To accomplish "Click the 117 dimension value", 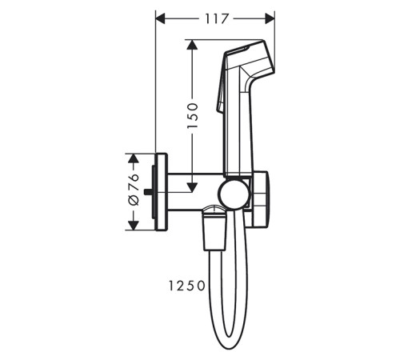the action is coord(217,18).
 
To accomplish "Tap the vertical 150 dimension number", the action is coord(193,115).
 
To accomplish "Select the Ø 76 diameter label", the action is coord(134,190).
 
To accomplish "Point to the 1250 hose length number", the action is coord(186,286).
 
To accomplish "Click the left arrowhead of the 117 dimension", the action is coord(161,18).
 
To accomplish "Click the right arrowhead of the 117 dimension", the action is coord(270,18).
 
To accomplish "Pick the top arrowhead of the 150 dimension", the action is coord(192,45).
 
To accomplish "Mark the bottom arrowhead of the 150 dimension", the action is coord(192,187).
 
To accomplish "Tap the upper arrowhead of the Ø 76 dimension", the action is coord(133,158).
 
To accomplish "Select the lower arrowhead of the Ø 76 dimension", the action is coord(133,226).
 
